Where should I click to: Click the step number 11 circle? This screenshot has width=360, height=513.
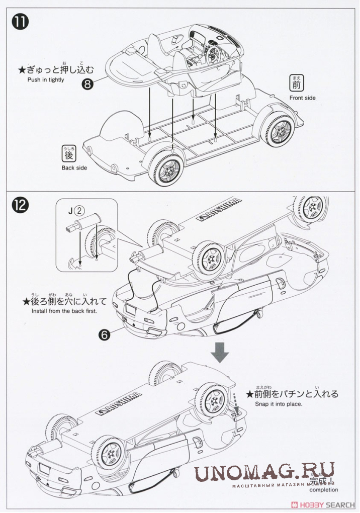coord(20,24)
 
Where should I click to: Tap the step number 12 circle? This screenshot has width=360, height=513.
coord(20,205)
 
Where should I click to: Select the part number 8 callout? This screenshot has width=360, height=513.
coord(88,84)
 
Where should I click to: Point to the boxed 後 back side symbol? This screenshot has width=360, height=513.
coord(68,152)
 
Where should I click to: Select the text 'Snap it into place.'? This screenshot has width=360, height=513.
coord(279,403)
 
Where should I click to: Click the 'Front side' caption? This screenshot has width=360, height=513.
coord(303,98)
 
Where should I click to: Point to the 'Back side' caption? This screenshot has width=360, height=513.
coord(74,168)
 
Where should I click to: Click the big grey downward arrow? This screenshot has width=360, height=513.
coord(220,352)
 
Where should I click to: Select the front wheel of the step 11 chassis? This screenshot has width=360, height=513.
coord(281,130)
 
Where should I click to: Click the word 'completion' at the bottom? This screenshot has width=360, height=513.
coord(324,489)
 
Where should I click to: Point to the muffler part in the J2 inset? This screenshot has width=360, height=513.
coord(82,222)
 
